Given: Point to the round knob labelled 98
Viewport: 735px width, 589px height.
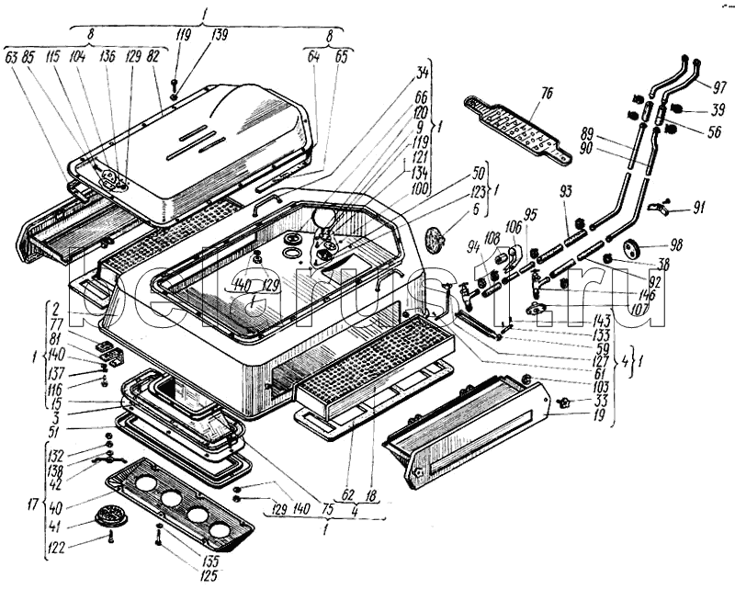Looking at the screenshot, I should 632,248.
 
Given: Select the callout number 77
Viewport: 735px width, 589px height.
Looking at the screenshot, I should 58,323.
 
